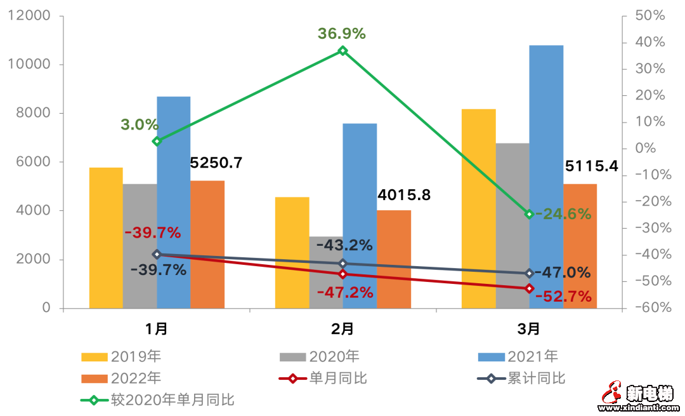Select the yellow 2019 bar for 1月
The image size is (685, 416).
point(106,238)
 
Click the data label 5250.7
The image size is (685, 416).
point(216,163)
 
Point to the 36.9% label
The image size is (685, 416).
point(342,34)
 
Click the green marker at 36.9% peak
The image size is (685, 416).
point(342,50)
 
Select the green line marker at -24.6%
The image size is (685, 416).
point(529,214)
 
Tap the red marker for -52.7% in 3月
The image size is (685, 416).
point(529,288)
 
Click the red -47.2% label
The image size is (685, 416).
point(345,293)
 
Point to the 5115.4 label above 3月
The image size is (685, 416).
point(591,167)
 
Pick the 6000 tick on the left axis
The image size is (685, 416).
point(37,162)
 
